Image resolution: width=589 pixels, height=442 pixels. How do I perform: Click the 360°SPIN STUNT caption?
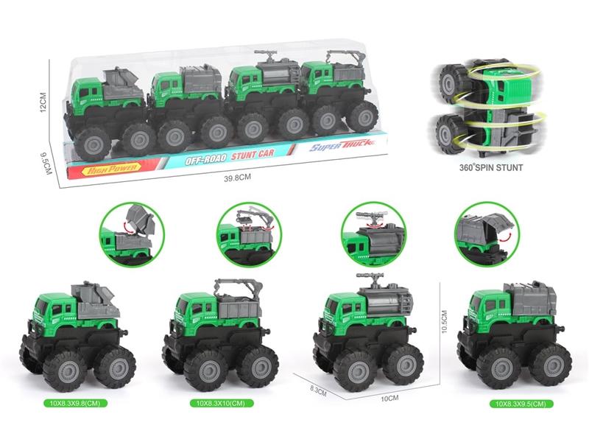pos(490,167)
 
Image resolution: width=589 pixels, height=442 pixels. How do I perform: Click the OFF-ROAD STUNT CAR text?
pos(229,157)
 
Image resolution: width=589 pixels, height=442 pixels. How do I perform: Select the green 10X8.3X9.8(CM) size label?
pos(77,404)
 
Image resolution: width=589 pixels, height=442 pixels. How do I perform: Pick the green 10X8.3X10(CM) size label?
pos(225,404)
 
